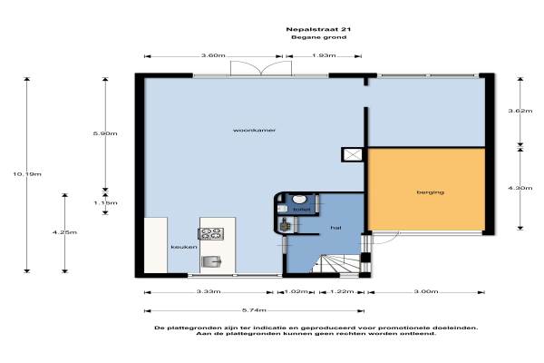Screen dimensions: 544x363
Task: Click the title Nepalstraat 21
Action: click(318, 30)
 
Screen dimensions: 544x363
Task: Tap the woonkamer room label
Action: click(254, 131)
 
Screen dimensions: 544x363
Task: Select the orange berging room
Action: click(426, 190)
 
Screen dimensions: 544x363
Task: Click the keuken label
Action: click(184, 247)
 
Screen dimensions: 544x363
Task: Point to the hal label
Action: click(335, 228)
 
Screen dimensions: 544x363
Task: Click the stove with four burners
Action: click(210, 233)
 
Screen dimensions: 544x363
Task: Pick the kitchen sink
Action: click(211, 261)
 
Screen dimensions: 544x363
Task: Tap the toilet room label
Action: click(302, 210)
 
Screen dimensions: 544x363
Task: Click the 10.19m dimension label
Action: click(27, 174)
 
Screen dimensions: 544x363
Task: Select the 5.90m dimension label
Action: click(105, 133)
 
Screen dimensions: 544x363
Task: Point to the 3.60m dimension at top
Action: click(213, 55)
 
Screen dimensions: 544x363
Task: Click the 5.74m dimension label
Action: click(254, 310)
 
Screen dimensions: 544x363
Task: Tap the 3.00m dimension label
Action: click(426, 291)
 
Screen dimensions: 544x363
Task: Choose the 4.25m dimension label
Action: click(64, 232)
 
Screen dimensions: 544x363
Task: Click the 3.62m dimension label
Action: click(520, 111)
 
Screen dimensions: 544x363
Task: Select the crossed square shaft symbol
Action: click(353, 154)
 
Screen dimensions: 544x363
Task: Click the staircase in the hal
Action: click(336, 263)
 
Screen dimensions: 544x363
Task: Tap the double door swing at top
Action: click(261, 68)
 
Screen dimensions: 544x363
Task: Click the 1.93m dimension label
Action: click(324, 55)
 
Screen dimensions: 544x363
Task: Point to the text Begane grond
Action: click(318, 37)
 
